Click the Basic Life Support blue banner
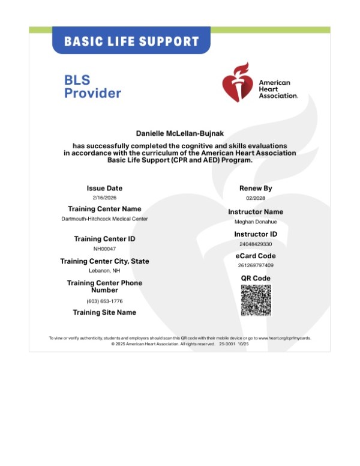131,41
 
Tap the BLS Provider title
92,86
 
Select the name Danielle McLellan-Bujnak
180,133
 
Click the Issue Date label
104,189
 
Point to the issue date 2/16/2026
104,198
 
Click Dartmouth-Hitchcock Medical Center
104,219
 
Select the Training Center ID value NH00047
104,248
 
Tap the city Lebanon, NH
104,270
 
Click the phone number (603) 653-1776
104,301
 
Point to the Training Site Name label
104,312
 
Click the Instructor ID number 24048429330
256,244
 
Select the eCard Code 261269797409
256,265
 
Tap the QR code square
256,300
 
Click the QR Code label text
256,278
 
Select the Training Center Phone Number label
104,286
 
